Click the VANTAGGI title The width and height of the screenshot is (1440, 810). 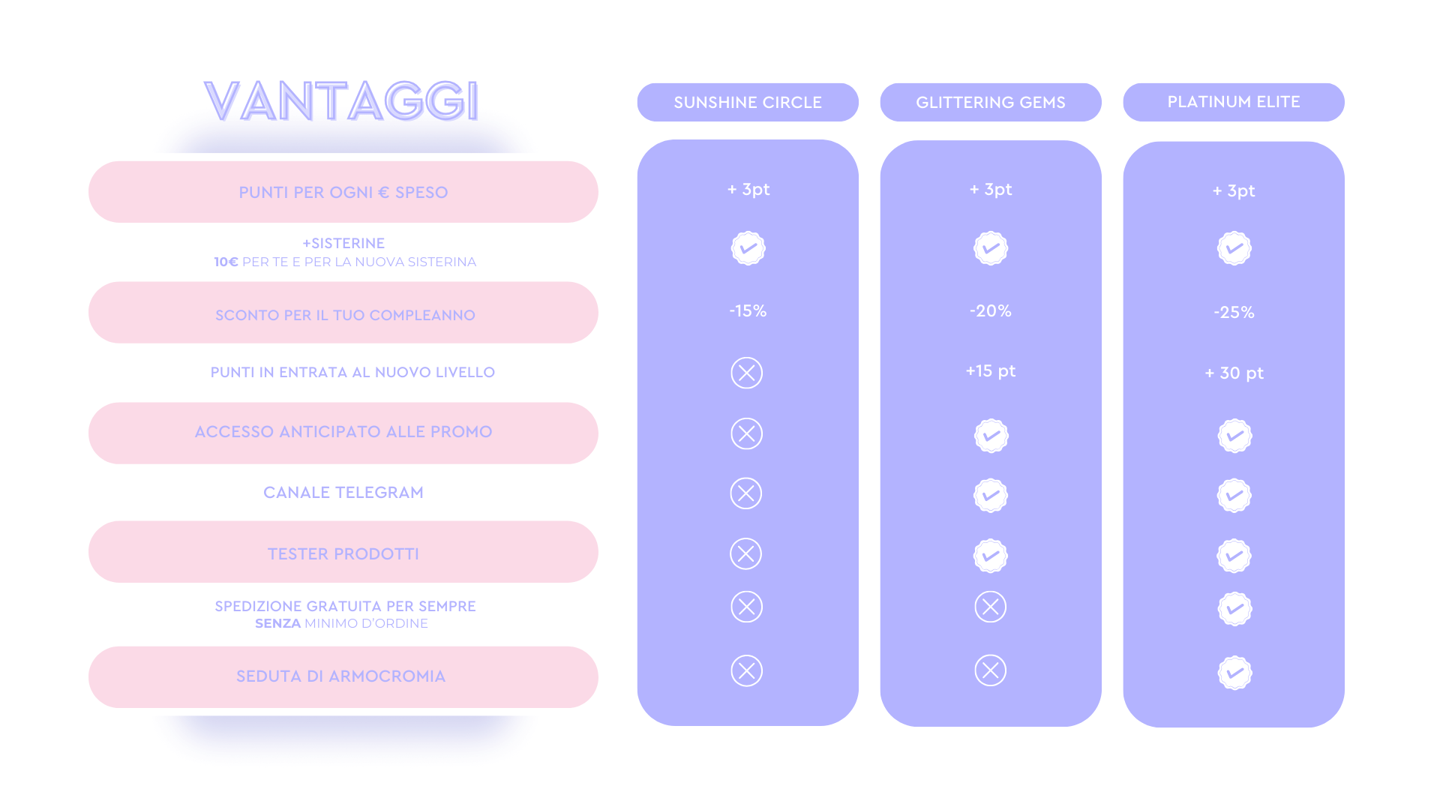pyautogui.click(x=342, y=100)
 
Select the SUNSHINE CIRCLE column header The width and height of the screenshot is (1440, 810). pyautogui.click(x=748, y=102)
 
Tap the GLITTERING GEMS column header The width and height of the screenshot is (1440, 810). pyautogui.click(x=991, y=102)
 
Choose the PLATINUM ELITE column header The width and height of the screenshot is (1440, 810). pyautogui.click(x=1234, y=102)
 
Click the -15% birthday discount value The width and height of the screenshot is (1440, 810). pyautogui.click(x=748, y=310)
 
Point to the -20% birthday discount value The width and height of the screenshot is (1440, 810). pyautogui.click(x=991, y=310)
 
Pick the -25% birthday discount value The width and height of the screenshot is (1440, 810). pyautogui.click(x=1234, y=312)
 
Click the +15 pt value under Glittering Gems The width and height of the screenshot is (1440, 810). pyautogui.click(x=991, y=370)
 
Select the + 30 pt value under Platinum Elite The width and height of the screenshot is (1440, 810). pyautogui.click(x=1234, y=373)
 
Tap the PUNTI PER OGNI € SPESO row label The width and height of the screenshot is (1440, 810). pyautogui.click(x=343, y=192)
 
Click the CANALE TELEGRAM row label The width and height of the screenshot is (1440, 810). pyautogui.click(x=343, y=492)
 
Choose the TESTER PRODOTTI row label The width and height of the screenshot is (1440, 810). pyautogui.click(x=343, y=553)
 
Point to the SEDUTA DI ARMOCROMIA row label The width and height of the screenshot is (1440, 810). pyautogui.click(x=341, y=676)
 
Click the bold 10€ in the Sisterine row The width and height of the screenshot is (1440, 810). pyautogui.click(x=226, y=262)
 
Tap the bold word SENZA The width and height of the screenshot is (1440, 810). pyautogui.click(x=277, y=623)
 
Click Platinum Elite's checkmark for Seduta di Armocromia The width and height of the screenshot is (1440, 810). pyautogui.click(x=1234, y=673)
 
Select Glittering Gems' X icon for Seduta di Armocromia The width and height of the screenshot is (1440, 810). pyautogui.click(x=990, y=670)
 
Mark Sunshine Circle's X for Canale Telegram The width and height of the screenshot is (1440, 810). pyautogui.click(x=746, y=493)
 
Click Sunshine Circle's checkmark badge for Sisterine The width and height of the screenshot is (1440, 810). pyautogui.click(x=748, y=248)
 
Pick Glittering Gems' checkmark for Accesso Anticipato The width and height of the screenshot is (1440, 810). pyautogui.click(x=991, y=436)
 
